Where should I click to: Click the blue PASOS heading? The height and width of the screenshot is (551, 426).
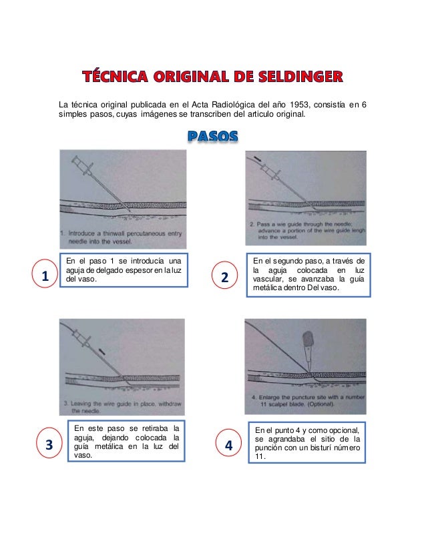[212, 136]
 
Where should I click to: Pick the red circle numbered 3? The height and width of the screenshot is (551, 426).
[49, 445]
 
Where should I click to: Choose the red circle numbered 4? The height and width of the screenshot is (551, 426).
[229, 445]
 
